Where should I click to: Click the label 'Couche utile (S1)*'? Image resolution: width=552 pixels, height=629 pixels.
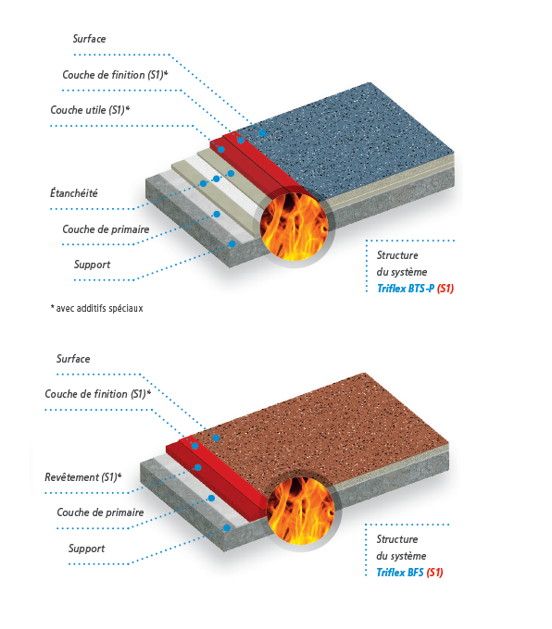(90, 110)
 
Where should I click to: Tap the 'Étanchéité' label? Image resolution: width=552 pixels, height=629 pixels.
(74, 193)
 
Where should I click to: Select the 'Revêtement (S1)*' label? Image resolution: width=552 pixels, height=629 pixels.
(83, 477)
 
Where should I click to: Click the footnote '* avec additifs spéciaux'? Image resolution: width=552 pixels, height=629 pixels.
(96, 308)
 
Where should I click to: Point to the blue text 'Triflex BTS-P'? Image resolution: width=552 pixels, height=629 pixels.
(406, 289)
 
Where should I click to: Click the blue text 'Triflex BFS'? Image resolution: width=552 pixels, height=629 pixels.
(400, 572)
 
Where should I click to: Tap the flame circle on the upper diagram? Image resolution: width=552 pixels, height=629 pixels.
(294, 227)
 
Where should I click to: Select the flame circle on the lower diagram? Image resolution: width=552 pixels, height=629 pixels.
(300, 511)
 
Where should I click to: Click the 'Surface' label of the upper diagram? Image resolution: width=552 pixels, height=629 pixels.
(89, 39)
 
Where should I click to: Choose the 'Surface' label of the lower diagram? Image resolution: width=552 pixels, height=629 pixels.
(73, 359)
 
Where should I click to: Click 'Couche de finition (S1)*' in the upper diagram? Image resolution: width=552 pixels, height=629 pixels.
(115, 75)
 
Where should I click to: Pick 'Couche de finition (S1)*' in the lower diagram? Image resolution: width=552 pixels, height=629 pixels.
(98, 394)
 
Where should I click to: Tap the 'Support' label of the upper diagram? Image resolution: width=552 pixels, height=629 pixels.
(92, 265)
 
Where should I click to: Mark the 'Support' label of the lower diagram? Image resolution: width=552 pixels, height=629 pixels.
(86, 549)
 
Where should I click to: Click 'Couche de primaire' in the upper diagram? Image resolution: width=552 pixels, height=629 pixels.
(106, 229)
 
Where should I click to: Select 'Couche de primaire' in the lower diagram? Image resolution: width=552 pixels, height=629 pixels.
(100, 512)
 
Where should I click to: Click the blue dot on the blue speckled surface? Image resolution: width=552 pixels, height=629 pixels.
(263, 133)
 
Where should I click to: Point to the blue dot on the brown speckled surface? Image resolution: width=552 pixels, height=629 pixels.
(216, 438)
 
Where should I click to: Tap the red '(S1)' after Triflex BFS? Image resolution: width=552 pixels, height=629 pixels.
(434, 572)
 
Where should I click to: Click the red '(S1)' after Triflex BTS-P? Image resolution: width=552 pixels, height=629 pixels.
(445, 289)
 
